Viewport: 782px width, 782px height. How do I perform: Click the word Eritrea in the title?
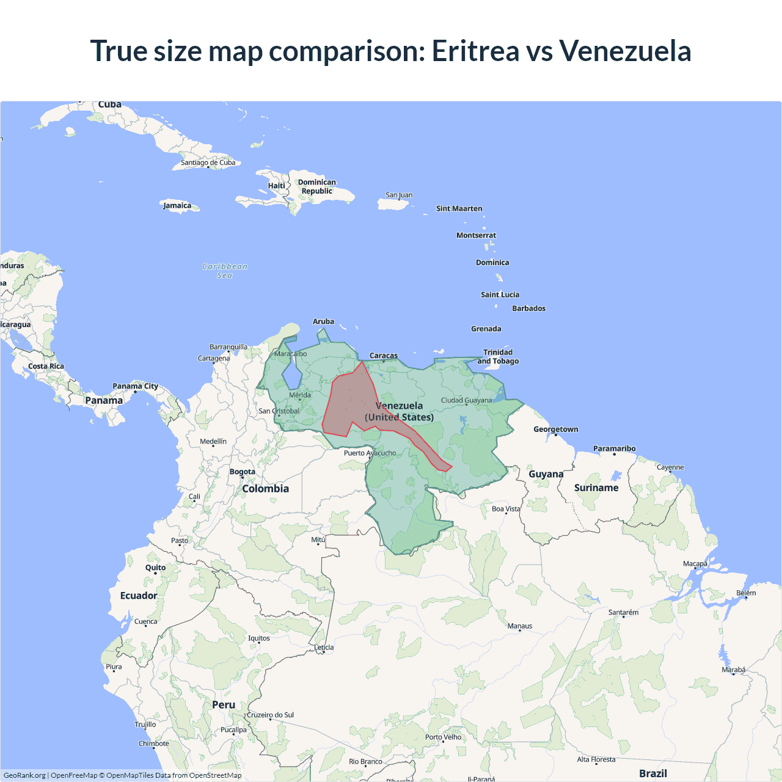click(x=475, y=51)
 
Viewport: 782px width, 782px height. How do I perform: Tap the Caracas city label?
click(x=384, y=356)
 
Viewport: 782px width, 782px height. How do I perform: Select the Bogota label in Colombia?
click(x=243, y=472)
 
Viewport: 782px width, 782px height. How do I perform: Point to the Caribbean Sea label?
click(x=225, y=271)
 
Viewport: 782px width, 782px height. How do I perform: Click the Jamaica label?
click(x=177, y=205)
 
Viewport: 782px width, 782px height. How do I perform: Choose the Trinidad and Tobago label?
click(x=498, y=357)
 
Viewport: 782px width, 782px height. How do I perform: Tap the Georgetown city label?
click(x=555, y=429)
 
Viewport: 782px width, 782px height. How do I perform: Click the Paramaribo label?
click(x=614, y=448)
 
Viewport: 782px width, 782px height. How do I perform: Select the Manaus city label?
click(x=520, y=626)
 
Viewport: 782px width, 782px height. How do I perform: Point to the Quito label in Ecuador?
click(x=155, y=568)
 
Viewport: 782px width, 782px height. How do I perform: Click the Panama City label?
click(x=135, y=386)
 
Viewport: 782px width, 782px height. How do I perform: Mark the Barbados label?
click(x=528, y=309)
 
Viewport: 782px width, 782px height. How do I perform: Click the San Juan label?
click(x=399, y=195)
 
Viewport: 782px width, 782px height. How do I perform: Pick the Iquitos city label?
click(x=259, y=638)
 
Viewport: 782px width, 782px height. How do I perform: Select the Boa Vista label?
click(x=506, y=508)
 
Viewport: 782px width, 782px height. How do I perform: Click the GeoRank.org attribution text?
click(x=24, y=775)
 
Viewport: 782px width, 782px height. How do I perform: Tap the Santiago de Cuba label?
click(x=208, y=163)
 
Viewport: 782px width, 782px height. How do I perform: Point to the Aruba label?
click(x=323, y=321)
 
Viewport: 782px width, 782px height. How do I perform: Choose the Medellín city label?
click(x=213, y=441)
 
